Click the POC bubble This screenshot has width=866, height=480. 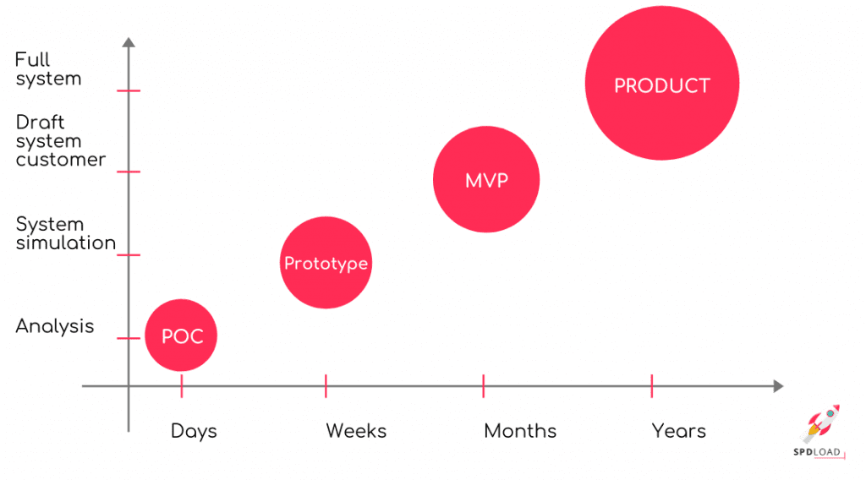pyautogui.click(x=181, y=335)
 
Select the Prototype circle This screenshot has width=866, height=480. pyautogui.click(x=326, y=263)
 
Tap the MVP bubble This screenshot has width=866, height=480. pyautogui.click(x=486, y=180)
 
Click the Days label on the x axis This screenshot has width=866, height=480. pyautogui.click(x=194, y=431)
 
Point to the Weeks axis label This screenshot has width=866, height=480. pyautogui.click(x=356, y=431)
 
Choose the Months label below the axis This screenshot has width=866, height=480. pyautogui.click(x=520, y=431)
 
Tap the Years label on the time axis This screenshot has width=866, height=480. pyautogui.click(x=678, y=431)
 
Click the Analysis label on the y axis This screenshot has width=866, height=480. pyautogui.click(x=55, y=326)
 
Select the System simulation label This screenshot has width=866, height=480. pyautogui.click(x=65, y=233)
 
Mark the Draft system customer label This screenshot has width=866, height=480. pyautogui.click(x=60, y=141)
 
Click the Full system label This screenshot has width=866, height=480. pyautogui.click(x=48, y=69)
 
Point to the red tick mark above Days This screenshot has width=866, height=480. pyautogui.click(x=182, y=386)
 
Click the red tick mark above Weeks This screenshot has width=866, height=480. pyautogui.click(x=326, y=386)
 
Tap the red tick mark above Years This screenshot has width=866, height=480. pyautogui.click(x=652, y=386)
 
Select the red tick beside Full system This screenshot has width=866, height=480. pyautogui.click(x=129, y=90)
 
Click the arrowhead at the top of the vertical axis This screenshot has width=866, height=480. pyautogui.click(x=129, y=41)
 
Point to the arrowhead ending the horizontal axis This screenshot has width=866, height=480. pyautogui.click(x=777, y=386)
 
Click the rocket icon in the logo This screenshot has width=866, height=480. pyautogui.click(x=819, y=423)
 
